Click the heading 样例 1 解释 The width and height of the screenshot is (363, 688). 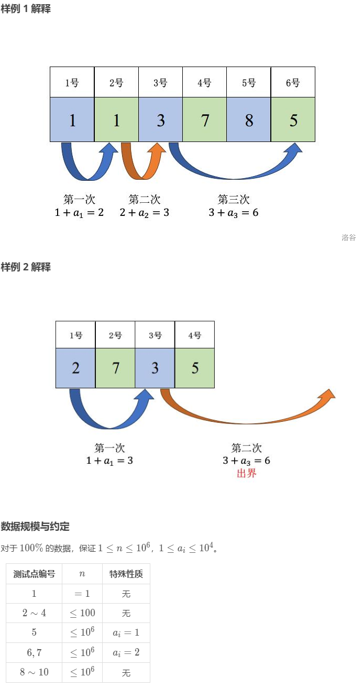[26, 9]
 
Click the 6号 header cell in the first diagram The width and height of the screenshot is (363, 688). [293, 82]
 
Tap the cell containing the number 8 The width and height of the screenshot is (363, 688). [249, 120]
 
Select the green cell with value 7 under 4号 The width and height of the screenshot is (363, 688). [204, 120]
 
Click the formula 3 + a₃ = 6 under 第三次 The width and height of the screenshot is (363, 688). [234, 213]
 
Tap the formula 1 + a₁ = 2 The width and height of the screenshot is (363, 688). [79, 213]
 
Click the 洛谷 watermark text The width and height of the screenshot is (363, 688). [348, 237]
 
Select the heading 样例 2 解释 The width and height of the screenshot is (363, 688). [26, 267]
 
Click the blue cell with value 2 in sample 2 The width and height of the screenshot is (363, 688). [75, 368]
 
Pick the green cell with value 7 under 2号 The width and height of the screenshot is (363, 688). [115, 368]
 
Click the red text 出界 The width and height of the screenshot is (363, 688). [246, 474]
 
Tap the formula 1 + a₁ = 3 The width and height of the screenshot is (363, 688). [111, 461]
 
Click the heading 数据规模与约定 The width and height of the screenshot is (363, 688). [35, 526]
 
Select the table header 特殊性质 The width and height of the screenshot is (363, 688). [126, 574]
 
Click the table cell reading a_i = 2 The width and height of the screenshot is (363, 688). [126, 652]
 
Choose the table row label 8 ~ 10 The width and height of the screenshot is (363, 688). [34, 672]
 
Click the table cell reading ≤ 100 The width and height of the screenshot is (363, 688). [82, 613]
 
